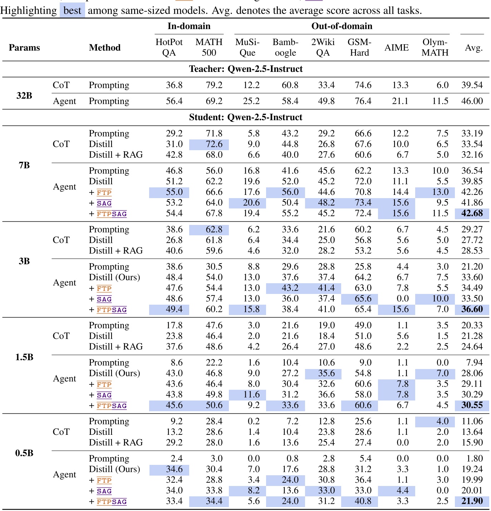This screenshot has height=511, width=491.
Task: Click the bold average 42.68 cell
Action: [472, 213]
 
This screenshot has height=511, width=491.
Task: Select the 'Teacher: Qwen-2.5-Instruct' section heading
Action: [246, 69]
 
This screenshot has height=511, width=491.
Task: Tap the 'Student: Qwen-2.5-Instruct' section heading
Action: [246, 117]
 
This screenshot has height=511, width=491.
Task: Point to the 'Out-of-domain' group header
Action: [342, 26]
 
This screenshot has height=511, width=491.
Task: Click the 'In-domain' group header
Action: [189, 26]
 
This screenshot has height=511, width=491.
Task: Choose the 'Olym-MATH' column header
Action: [435, 47]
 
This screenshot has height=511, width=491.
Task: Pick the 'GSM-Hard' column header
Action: [359, 47]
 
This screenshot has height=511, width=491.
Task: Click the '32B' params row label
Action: [24, 95]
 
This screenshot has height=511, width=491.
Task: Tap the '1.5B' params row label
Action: [24, 357]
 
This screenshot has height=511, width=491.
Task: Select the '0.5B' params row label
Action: [24, 453]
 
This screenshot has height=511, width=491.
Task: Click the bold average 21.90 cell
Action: [472, 501]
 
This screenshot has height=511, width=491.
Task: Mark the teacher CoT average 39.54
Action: [472, 85]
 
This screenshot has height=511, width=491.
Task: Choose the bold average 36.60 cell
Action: [472, 309]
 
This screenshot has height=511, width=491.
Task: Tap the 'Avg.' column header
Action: [474, 48]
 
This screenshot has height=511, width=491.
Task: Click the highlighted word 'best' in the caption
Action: [72, 10]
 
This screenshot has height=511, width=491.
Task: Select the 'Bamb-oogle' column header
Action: [285, 47]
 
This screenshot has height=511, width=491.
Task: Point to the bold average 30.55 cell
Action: [472, 405]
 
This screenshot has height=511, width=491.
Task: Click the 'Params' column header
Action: [24, 48]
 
